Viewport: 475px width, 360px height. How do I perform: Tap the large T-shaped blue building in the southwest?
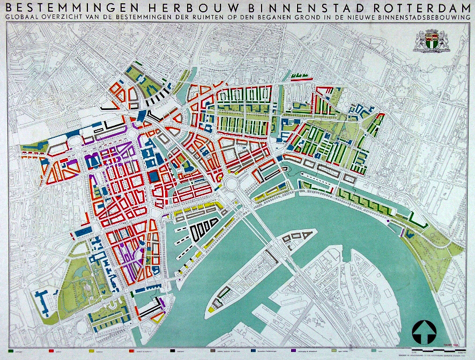point(41,301)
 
